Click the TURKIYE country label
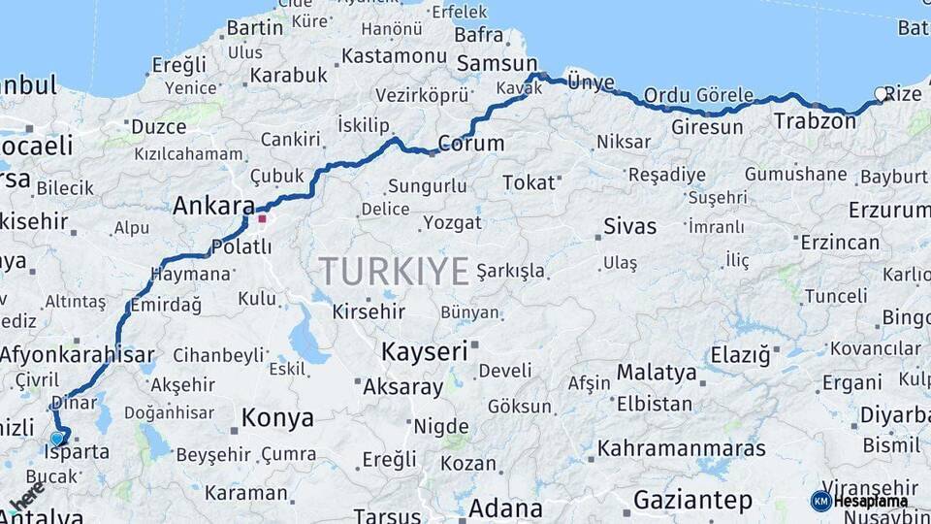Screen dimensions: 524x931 point(395,271)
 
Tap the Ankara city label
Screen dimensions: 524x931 point(212,207)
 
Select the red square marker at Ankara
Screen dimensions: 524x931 point(261,218)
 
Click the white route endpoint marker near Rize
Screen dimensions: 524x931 point(881,94)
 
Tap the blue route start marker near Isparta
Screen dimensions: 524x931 point(57,439)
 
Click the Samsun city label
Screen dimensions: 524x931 point(490,63)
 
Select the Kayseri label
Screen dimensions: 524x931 point(424,350)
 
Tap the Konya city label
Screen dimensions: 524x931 point(277,418)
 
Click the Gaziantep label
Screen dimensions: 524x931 point(692,501)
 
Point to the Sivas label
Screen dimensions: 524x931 point(629,226)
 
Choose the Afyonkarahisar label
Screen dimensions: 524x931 point(78,353)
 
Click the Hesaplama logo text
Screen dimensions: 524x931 point(872,502)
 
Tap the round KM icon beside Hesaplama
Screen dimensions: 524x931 point(820,501)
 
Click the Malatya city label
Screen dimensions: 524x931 point(656,373)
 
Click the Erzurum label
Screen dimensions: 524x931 point(888,210)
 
